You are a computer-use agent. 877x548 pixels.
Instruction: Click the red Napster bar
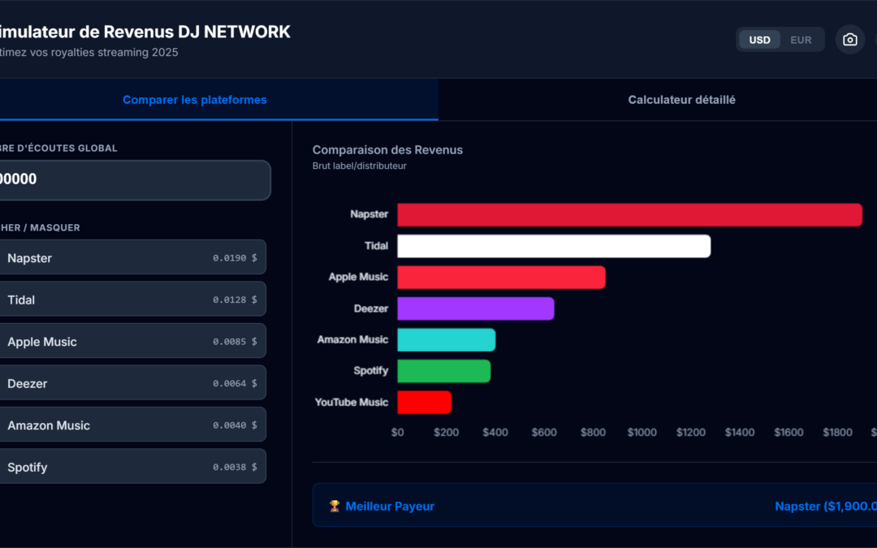tap(629, 215)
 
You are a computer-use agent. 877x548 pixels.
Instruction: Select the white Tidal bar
tap(554, 246)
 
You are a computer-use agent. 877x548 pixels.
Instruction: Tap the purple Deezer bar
tap(475, 309)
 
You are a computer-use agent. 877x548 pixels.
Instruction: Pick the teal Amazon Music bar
tap(446, 340)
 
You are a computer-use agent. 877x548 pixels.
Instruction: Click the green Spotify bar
tap(443, 371)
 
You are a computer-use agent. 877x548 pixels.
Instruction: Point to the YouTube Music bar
tap(424, 402)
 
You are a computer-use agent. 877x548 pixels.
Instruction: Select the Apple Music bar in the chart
tap(501, 278)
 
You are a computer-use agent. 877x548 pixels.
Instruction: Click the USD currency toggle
tap(759, 40)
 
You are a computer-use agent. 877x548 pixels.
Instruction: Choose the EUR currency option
tap(801, 40)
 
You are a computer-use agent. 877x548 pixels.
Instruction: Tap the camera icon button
tap(849, 40)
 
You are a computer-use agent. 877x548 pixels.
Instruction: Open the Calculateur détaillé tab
tap(681, 100)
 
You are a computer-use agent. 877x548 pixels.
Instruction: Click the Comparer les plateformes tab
tap(195, 100)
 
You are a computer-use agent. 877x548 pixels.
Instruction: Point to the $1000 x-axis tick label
tap(642, 433)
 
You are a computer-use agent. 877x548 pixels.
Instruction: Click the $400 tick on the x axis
tap(495, 433)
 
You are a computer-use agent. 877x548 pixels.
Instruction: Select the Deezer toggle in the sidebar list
tap(130, 383)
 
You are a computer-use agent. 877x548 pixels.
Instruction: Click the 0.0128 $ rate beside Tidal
tap(235, 300)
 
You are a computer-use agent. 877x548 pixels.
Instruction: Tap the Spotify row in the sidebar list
tap(130, 467)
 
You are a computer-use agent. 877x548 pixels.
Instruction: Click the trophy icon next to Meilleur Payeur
tap(335, 506)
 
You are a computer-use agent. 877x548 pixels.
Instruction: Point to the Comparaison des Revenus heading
tap(387, 150)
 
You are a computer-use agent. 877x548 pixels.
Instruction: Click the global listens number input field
tap(130, 179)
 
